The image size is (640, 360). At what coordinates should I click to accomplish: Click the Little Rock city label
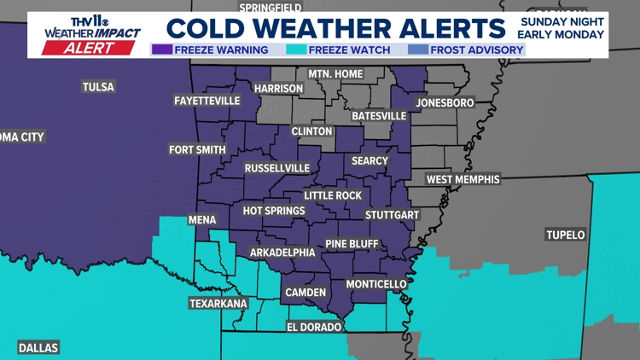click(333, 195)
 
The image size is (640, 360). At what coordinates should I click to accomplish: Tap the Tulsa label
click(98, 86)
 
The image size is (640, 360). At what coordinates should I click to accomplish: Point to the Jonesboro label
click(445, 102)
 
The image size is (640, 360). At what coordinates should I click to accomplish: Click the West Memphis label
click(463, 179)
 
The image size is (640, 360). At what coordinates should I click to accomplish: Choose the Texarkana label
click(218, 303)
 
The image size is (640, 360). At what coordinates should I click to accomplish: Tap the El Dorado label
click(313, 327)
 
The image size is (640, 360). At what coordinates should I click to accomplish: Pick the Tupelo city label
click(566, 235)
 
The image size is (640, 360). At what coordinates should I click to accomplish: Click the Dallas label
click(38, 347)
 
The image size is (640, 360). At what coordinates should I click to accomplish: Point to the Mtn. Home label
click(335, 74)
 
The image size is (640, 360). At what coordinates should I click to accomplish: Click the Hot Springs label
click(274, 211)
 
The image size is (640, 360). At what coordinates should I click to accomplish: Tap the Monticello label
click(376, 283)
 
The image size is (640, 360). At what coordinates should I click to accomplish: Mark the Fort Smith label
click(197, 150)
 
